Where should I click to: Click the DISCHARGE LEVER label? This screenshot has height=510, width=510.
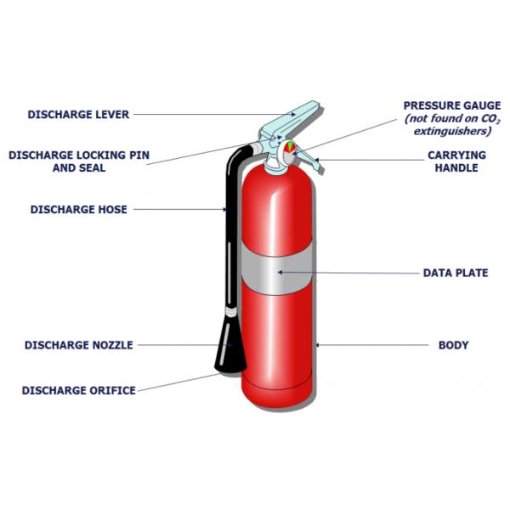(x=78, y=114)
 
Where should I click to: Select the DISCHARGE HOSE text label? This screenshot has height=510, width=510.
(x=78, y=209)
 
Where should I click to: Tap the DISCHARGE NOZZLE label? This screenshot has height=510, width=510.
(x=78, y=345)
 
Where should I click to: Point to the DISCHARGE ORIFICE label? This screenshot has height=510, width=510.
(x=78, y=390)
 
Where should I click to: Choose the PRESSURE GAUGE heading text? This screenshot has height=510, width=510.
(x=451, y=105)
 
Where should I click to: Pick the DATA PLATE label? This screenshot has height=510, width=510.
(x=456, y=273)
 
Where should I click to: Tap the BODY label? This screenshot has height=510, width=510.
(x=453, y=345)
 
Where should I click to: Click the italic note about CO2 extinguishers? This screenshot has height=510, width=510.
(x=451, y=125)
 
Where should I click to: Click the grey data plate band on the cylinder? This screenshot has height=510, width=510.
(x=277, y=274)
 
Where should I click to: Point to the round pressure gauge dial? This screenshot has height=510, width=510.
(x=289, y=148)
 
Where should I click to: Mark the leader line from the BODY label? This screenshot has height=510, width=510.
(x=374, y=345)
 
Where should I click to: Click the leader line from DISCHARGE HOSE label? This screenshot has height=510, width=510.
(x=178, y=209)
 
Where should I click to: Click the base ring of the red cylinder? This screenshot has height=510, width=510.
(x=277, y=396)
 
